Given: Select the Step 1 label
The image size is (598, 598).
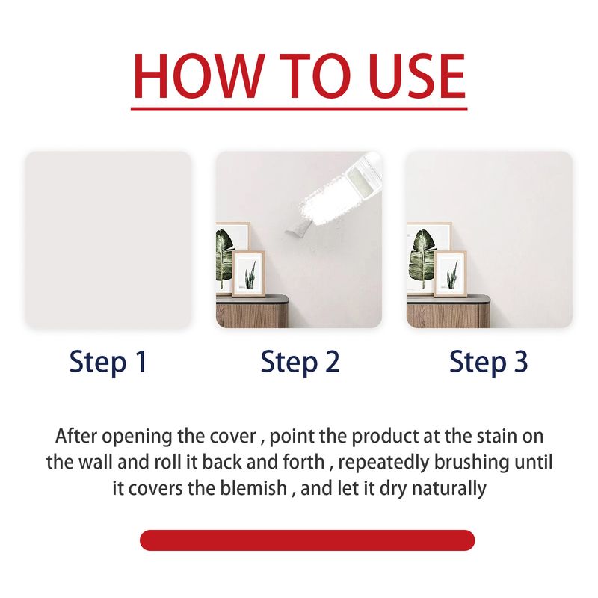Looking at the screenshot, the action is [x=108, y=363].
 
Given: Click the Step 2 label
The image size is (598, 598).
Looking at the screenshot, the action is [x=300, y=363].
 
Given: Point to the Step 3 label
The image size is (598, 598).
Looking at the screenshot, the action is [x=489, y=363].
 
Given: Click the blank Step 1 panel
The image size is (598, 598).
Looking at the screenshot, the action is [x=108, y=240].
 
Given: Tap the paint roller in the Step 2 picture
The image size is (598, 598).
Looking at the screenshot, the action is [x=336, y=194].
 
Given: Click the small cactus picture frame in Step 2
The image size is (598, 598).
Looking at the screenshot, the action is [x=249, y=274].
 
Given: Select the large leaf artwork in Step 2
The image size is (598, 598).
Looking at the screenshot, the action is [x=228, y=256].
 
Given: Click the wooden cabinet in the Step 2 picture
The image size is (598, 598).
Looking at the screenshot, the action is [x=252, y=311].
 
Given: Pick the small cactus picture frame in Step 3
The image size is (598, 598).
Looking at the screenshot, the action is [x=451, y=274].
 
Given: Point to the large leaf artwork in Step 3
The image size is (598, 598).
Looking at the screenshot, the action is [x=425, y=256].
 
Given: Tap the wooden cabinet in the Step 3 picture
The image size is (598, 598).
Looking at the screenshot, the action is [x=448, y=311].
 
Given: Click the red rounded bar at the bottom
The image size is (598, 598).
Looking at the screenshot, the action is [x=307, y=540].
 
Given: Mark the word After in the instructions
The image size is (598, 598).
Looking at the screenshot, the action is [x=76, y=436].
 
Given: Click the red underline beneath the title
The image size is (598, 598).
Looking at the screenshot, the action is [x=299, y=108].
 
